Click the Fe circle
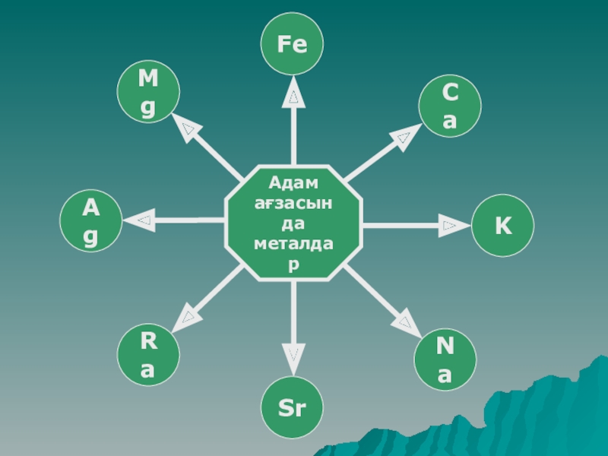click(x=293, y=44)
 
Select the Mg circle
click(x=148, y=93)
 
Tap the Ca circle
click(x=451, y=106)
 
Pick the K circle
click(x=502, y=226)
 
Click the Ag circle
click(x=90, y=221)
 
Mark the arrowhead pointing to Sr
click(x=293, y=354)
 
